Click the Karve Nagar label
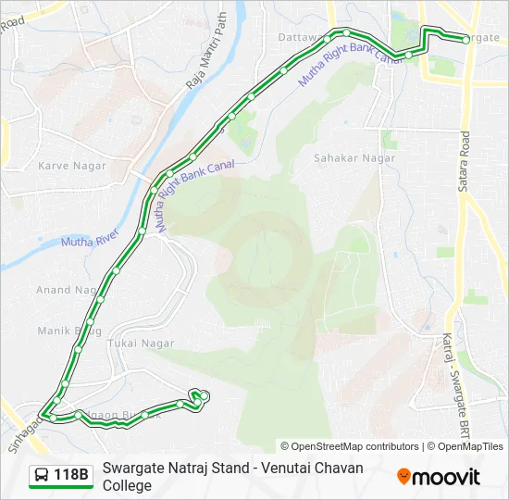click(71, 166)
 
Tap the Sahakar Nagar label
click(354, 158)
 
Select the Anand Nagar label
click(66, 290)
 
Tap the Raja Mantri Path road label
click(205, 52)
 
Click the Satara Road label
click(465, 161)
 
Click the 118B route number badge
click(71, 476)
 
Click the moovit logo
click(439, 477)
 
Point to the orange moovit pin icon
click(403, 477)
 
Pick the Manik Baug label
click(68, 331)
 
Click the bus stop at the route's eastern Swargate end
click(466, 39)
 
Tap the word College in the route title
click(127, 485)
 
